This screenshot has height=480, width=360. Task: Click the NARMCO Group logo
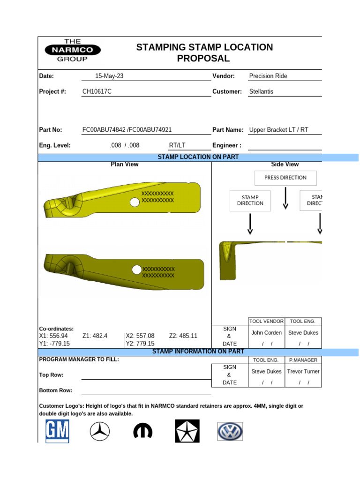tap(72, 50)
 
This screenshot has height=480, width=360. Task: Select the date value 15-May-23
tap(109, 76)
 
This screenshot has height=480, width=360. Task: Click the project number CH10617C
tap(97, 91)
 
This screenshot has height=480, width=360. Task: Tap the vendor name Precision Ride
tap(268, 76)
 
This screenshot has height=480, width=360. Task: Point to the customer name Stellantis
tap(261, 91)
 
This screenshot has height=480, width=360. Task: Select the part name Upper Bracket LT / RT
tap(278, 130)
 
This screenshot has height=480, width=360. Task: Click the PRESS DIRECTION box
tap(285, 178)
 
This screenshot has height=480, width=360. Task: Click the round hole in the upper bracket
tap(135, 202)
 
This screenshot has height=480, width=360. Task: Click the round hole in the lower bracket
tap(136, 270)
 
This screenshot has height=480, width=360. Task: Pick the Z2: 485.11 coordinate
tap(183, 336)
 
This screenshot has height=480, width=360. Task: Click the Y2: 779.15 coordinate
tap(140, 343)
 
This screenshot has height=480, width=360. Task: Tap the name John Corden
tap(266, 333)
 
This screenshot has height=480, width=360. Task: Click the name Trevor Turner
tap(303, 371)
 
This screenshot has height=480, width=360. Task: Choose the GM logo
tap(57, 431)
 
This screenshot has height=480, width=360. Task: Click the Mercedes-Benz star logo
tap(99, 431)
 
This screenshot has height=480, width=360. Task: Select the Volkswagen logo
tap(230, 431)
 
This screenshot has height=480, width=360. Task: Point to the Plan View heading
tap(124, 165)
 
